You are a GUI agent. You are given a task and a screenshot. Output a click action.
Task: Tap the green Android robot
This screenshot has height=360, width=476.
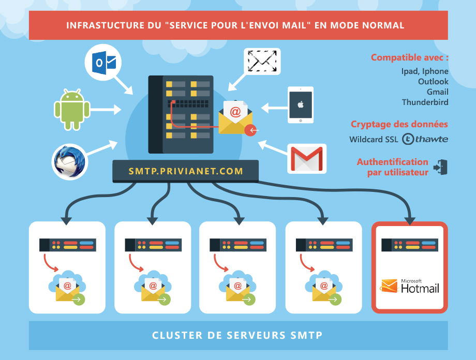tap(72, 109)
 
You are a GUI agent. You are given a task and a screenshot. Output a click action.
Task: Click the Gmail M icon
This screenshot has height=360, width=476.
tap(307, 158)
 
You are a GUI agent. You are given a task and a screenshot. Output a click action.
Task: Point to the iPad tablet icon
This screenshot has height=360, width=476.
tap(301, 105)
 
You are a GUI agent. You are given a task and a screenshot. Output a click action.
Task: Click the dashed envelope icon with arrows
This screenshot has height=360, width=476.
tap(263, 62)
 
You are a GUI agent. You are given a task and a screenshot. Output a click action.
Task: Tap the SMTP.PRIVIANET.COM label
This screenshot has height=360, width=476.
tap(186, 171)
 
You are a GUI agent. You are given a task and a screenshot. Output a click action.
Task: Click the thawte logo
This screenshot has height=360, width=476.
tap(425, 139)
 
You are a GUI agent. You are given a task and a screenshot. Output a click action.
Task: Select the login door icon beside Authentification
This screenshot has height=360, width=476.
tap(441, 167)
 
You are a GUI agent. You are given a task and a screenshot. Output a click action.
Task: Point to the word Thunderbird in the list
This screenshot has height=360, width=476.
tap(425, 102)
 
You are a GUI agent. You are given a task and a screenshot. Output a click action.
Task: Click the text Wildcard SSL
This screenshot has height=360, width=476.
tap(374, 140)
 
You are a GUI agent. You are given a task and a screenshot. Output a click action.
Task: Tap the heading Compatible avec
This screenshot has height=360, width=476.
tap(409, 57)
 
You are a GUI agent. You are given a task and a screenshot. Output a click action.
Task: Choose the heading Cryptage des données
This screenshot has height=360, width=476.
tap(399, 124)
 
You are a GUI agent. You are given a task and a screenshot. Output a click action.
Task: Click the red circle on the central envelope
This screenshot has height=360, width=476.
tap(252, 130)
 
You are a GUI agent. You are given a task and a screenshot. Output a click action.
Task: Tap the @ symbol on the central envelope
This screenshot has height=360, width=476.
tap(235, 111)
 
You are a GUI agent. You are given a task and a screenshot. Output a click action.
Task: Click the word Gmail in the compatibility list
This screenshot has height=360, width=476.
tap(438, 92)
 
